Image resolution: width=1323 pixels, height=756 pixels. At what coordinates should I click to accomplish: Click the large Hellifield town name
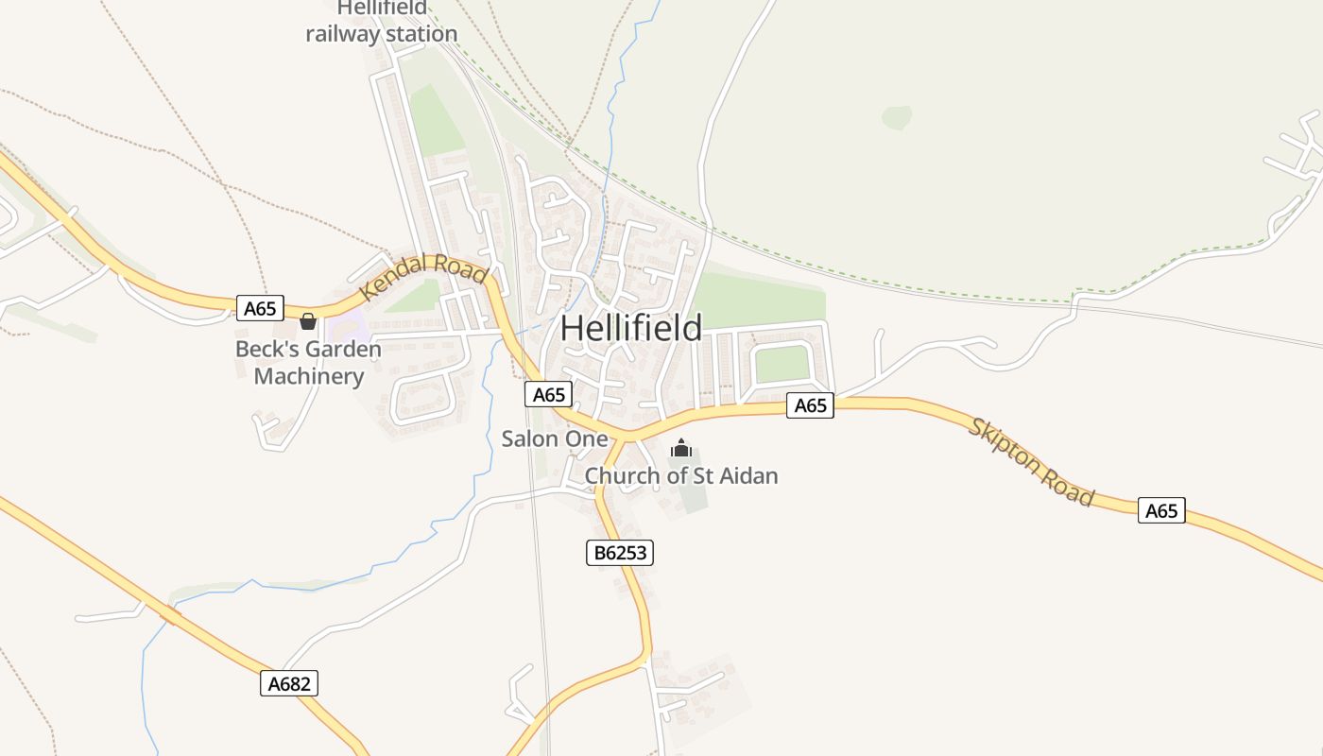coord(631,329)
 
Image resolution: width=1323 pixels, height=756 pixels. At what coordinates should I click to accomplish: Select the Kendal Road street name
coord(423,277)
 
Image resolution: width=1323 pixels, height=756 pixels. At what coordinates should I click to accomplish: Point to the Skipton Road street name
coord(1031,462)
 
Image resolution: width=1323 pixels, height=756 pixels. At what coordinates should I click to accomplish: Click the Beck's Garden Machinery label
coord(309,363)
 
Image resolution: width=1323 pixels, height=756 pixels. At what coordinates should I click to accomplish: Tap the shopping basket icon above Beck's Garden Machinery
coord(307,321)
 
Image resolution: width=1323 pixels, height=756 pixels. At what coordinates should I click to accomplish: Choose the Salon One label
coord(555,438)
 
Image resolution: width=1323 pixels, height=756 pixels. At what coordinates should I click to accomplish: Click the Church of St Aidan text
coord(680,475)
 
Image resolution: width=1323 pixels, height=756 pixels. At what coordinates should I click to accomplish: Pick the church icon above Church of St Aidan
coord(681,449)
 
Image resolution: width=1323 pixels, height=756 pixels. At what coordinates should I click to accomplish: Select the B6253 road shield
coord(620,553)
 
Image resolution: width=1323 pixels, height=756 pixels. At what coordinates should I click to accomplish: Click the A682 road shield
coord(289,683)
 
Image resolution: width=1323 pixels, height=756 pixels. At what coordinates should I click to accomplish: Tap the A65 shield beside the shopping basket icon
coord(260,308)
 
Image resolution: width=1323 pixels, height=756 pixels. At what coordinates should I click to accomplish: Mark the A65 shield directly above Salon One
coord(548,394)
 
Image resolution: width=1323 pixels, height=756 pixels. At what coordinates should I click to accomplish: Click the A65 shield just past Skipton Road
coord(1161,510)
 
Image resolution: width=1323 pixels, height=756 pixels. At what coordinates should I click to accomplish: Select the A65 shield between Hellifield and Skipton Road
coord(811,405)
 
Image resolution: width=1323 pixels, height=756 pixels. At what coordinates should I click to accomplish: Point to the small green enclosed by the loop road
coord(782,364)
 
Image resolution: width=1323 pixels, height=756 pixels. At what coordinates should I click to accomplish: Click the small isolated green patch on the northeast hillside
coord(897,117)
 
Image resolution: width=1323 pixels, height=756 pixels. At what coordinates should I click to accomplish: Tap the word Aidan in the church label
coord(747,475)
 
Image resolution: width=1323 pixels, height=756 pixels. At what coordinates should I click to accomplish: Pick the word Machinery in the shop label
coord(309,376)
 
